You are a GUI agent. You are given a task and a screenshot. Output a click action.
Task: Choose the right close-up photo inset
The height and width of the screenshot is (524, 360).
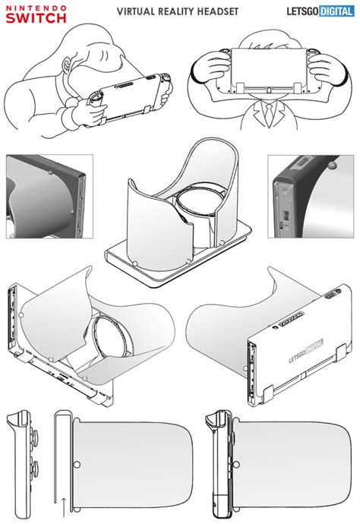pyautogui.click(x=311, y=196)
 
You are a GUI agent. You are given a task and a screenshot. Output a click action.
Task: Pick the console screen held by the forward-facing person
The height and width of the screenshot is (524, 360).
pyautogui.click(x=263, y=68)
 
